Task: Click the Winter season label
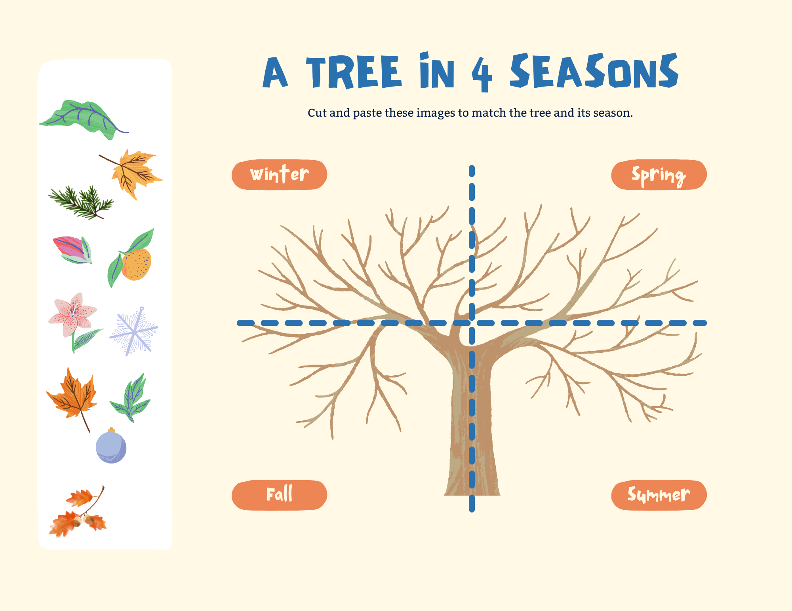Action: click(x=279, y=174)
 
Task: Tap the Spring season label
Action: click(x=659, y=175)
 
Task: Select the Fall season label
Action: click(x=279, y=495)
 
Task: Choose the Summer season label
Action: click(x=659, y=495)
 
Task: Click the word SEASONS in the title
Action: click(x=594, y=71)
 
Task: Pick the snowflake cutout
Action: click(x=134, y=331)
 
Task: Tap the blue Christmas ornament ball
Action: click(x=111, y=447)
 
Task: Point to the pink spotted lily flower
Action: click(x=73, y=316)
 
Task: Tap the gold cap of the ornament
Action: click(x=111, y=429)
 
